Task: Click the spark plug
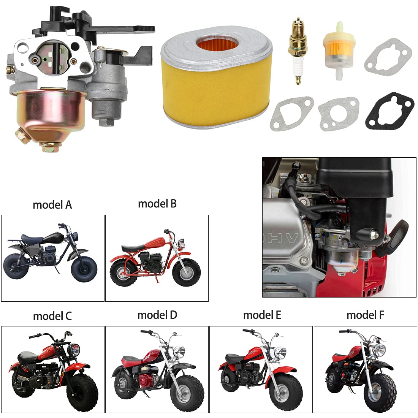point(298,51)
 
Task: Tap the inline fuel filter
point(338,51)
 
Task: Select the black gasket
point(389,111)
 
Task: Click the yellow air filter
point(216,77)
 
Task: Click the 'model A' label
point(52,205)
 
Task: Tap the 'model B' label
point(157,204)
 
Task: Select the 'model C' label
point(52,316)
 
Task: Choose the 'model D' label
point(157,315)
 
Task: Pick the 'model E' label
point(262,315)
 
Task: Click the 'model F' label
point(365,315)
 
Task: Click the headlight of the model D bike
point(179,352)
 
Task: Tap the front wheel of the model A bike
point(84,269)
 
